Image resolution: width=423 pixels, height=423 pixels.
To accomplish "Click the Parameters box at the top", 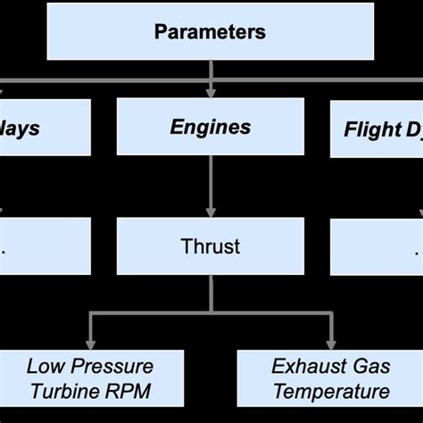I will (210, 32).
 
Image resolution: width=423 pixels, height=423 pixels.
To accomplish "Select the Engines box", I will (210, 128).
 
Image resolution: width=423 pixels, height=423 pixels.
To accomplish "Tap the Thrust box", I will (210, 245).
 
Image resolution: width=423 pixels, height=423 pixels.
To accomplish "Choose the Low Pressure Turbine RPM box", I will (89, 378).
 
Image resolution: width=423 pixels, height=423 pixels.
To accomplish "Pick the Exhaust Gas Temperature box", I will (330, 378).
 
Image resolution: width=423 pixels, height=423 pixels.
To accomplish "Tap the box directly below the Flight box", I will (376, 245).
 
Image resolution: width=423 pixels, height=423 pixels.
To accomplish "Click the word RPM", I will (129, 391).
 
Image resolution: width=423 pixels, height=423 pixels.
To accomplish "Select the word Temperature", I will (331, 391).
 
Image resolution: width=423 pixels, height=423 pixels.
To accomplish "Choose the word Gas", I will (369, 366).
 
